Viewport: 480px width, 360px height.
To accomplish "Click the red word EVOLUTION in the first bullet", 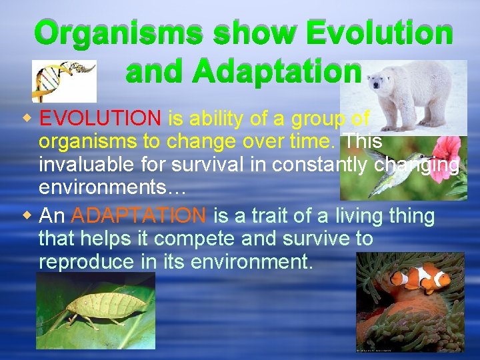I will pos(100,119).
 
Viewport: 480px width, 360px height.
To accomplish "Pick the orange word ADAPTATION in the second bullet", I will pos(139,216).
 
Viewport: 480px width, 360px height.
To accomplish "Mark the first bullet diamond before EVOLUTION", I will pos(26,119).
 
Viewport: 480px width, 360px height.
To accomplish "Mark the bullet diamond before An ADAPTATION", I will pos(26,216).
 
